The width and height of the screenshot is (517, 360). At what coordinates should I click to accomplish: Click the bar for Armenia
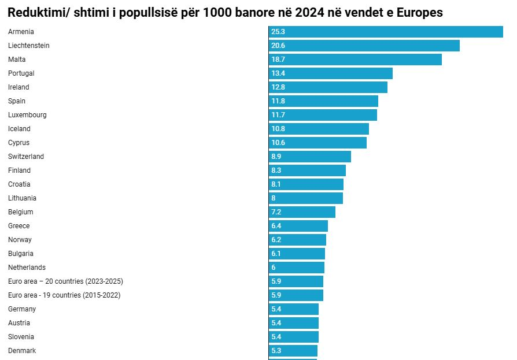pos(386,32)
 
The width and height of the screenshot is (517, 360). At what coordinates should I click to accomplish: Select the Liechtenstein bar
pos(364,46)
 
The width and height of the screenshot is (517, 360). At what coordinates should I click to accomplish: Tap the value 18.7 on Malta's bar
pos(278,60)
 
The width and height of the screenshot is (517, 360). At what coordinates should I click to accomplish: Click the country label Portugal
pos(21,73)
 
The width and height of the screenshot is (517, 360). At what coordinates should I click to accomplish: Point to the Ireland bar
pos(328,87)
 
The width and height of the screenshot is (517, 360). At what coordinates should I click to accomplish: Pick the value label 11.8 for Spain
pos(278,101)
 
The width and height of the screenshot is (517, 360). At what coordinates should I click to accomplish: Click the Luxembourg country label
pos(27,115)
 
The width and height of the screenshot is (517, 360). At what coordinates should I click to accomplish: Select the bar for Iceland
pos(319,129)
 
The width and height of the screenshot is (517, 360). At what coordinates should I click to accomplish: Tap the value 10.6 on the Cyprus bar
pos(278,143)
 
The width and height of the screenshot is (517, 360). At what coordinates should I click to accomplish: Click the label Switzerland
pos(25,157)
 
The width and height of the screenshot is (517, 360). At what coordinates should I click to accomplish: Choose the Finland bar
pos(307,170)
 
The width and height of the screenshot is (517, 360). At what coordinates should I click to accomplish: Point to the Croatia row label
pos(19,184)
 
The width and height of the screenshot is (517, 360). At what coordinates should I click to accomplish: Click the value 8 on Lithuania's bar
pos(274,198)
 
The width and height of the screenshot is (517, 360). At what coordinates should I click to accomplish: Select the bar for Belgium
pos(302,212)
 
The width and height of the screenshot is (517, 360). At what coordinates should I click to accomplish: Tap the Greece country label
pos(19,225)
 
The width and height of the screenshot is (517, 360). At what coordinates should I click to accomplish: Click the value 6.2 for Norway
pos(276,240)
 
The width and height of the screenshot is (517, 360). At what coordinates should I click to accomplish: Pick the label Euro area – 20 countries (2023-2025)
pos(65,281)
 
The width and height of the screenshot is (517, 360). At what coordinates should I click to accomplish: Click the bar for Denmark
pos(293,351)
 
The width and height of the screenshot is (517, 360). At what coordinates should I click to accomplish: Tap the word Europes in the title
pos(419,13)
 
